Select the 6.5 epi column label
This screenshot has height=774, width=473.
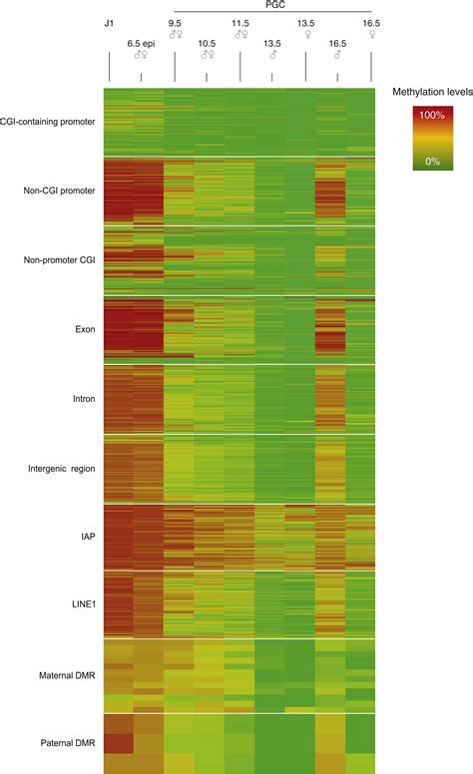[x=141, y=43]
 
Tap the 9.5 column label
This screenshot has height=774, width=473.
[x=175, y=21]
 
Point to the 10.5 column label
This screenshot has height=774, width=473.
[x=207, y=43]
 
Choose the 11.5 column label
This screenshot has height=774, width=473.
[x=240, y=21]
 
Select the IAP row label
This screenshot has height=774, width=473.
[x=87, y=537]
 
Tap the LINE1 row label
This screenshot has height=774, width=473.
[x=80, y=605]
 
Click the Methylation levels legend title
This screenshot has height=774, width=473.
[x=430, y=91]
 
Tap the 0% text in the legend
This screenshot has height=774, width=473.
[x=433, y=161]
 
